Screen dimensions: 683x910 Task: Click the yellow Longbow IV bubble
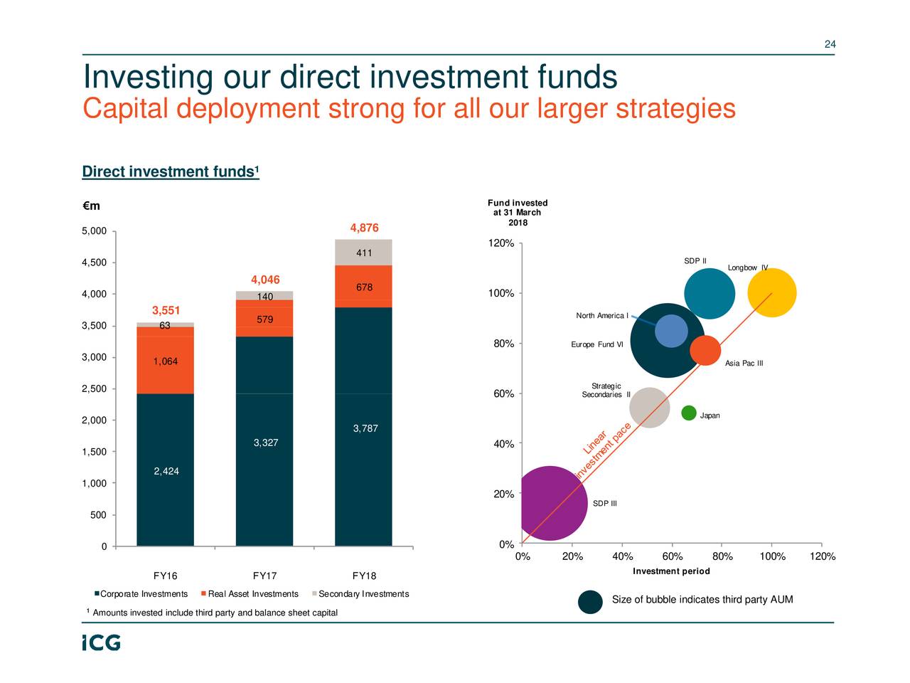coord(772,292)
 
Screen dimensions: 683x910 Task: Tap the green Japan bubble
coord(688,413)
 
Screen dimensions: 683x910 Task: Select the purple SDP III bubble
coord(551,502)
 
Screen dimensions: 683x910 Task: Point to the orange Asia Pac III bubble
coord(705,350)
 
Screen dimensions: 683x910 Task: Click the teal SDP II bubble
coord(710,293)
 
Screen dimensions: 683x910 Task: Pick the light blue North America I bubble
coord(671,331)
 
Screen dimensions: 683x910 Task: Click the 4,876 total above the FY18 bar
coord(364,228)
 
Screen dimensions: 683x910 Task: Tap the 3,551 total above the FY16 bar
coord(166,311)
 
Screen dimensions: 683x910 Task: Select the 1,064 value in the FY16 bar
coord(165,361)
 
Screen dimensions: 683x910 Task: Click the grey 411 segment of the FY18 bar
coord(363,253)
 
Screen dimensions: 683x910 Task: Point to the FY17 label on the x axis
coord(264,576)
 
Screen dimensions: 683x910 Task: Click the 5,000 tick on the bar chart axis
coord(93,231)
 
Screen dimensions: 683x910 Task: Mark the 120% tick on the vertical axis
coord(501,244)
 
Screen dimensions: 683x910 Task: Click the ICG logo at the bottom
coord(100,642)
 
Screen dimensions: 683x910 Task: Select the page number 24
coord(830,45)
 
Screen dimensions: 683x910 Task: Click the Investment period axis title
coord(671,571)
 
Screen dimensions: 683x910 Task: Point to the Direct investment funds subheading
coord(170,172)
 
